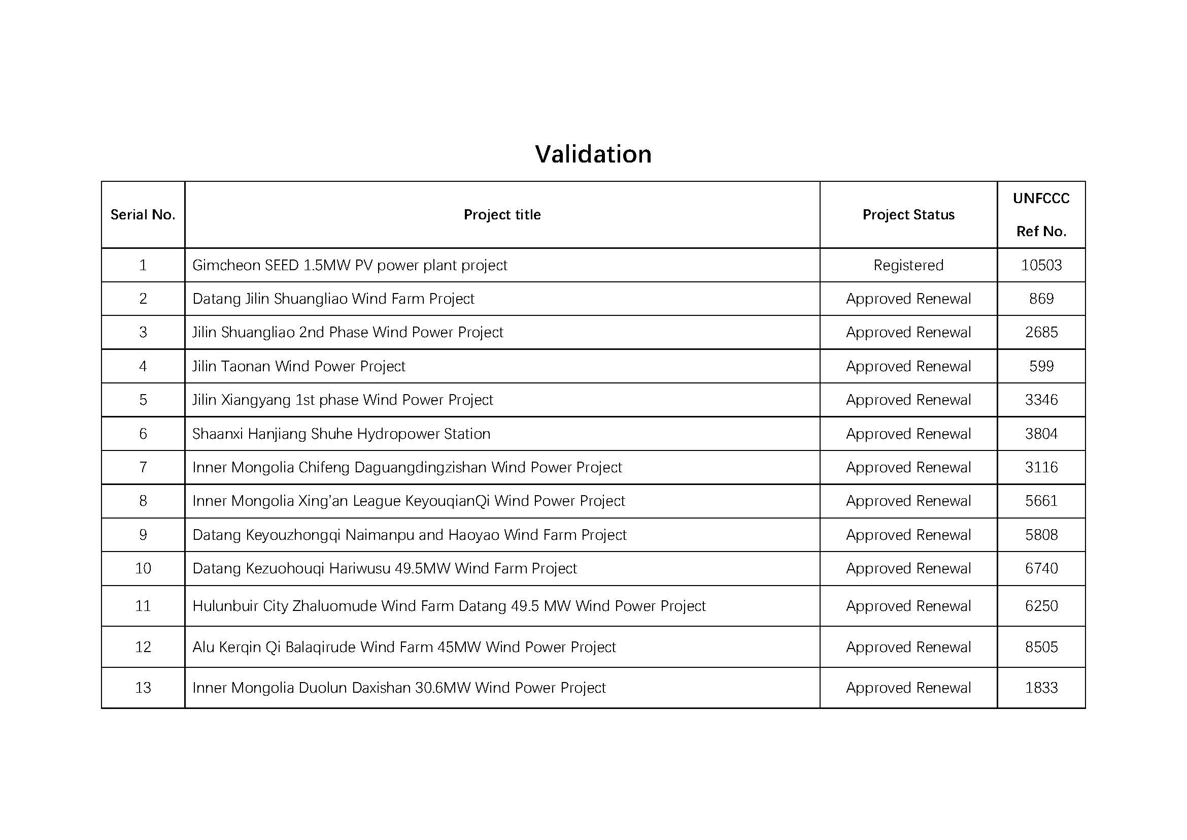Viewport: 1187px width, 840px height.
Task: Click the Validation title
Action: pos(593,154)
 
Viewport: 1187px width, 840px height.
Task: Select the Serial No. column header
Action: pos(143,215)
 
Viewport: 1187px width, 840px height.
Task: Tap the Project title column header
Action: pos(502,215)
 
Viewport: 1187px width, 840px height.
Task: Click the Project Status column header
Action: pos(908,215)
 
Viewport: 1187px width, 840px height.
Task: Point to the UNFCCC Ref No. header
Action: pos(1041,215)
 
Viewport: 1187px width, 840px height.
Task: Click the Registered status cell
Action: pos(908,265)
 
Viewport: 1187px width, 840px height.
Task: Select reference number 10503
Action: pos(1041,265)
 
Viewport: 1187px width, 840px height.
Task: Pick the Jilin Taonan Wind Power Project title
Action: pos(299,366)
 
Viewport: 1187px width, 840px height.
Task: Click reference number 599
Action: pos(1041,366)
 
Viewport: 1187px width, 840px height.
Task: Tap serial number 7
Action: pos(143,468)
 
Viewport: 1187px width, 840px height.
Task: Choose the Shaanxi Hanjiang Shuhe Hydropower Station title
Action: pos(341,434)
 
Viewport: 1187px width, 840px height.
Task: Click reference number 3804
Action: pos(1041,434)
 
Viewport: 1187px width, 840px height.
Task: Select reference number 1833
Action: pos(1041,688)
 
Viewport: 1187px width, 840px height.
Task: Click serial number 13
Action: pos(143,688)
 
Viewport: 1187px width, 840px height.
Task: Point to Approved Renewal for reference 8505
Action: pos(908,647)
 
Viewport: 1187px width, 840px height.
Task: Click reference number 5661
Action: pos(1041,501)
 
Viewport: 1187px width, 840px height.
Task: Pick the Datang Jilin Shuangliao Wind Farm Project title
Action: pos(333,299)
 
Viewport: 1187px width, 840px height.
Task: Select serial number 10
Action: pos(143,568)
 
